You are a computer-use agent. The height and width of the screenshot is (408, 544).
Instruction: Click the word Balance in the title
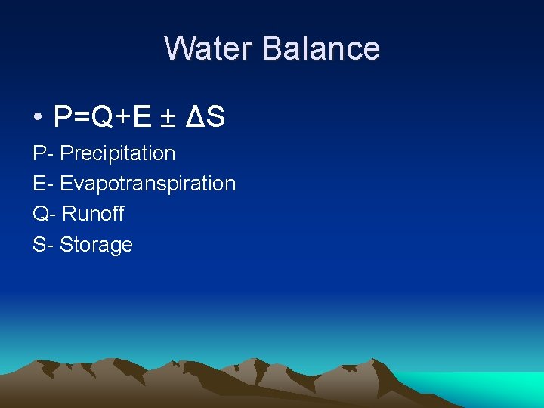322,48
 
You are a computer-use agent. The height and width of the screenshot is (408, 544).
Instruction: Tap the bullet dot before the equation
37,119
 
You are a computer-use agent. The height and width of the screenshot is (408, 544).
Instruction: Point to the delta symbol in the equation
196,117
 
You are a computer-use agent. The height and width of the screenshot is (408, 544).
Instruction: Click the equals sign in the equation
81,118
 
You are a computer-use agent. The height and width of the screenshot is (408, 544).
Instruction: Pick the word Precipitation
118,153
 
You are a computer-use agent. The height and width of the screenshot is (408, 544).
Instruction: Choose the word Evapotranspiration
148,184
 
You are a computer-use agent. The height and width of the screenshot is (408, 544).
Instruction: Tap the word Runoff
93,214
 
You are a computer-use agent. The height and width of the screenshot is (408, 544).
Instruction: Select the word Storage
96,245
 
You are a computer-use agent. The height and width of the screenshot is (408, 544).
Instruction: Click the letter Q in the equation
101,117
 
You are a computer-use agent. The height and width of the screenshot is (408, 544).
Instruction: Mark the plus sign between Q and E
122,118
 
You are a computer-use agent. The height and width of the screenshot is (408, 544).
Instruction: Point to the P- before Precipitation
43,153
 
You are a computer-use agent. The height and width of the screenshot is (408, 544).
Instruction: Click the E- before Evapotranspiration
43,184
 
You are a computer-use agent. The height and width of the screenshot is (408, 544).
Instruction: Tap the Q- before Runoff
45,214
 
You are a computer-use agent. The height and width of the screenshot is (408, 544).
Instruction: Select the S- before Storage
43,245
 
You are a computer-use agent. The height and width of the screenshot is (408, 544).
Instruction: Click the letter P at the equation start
63,117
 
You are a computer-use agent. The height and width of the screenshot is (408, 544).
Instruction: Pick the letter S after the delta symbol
215,117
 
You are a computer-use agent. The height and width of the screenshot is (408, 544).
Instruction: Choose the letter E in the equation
140,117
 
